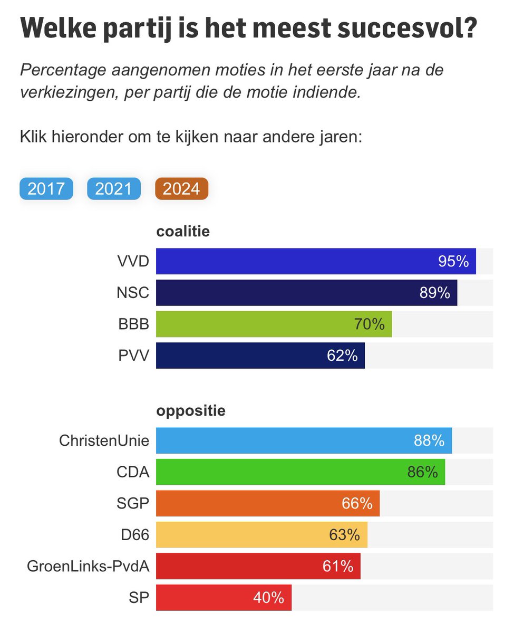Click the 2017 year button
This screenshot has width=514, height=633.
tap(46, 189)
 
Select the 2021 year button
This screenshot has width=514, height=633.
tap(114, 189)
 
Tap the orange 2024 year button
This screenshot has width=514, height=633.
tap(181, 189)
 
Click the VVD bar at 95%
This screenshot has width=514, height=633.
tap(316, 261)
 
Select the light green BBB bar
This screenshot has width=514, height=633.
tap(274, 324)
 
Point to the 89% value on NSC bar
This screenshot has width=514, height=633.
tap(434, 293)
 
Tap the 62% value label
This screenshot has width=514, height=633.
tap(342, 356)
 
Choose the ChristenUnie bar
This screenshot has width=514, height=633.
tap(304, 440)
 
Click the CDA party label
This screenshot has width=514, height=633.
tap(133, 472)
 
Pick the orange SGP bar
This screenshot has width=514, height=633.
tap(268, 503)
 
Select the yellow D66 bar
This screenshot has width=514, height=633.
tap(261, 535)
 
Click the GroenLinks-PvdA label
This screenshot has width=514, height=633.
tap(88, 567)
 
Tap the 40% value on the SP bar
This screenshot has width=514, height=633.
tap(268, 598)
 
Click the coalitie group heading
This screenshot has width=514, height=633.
tap(183, 232)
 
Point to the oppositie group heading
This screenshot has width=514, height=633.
tap(191, 411)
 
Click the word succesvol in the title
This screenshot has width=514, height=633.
tap(398, 29)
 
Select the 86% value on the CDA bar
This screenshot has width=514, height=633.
tap(422, 472)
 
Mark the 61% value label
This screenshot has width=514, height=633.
tap(338, 567)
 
